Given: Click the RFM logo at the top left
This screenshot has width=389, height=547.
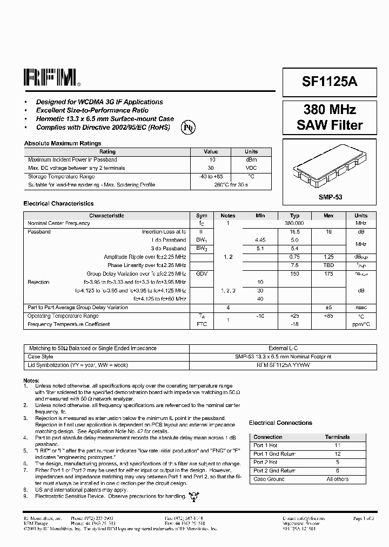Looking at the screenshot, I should click(x=51, y=78).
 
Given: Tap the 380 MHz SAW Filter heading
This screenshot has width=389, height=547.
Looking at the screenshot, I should click(x=330, y=117).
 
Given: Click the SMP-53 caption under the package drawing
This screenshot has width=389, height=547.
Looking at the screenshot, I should click(x=330, y=198).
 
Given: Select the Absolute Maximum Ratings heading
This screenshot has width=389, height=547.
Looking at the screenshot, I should click(x=62, y=143).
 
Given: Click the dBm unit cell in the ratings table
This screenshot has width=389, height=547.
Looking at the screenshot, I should click(x=251, y=160).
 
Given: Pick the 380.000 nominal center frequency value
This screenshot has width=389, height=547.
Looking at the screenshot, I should click(x=294, y=223).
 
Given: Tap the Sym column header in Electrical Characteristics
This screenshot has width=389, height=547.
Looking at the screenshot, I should click(x=202, y=216).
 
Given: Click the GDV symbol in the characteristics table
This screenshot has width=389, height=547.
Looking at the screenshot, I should click(x=202, y=274).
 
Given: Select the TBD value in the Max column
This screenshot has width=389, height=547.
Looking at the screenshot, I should click(x=328, y=265).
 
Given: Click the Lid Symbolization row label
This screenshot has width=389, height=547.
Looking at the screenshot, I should click(x=77, y=365).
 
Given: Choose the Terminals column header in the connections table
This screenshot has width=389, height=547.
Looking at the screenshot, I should click(x=337, y=437).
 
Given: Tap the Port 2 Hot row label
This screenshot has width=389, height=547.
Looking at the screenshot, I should click(x=265, y=463).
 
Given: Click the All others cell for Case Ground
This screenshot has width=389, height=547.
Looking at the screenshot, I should click(x=337, y=479).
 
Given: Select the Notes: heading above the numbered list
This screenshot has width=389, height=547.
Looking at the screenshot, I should click(x=31, y=381).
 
